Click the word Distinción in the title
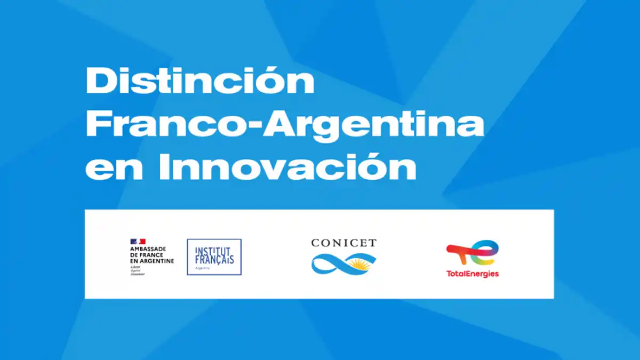tap(200, 81)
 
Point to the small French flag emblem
tap(138, 242)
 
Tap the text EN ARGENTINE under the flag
tap(152, 261)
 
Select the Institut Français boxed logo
tap(214, 257)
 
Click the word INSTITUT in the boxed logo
tap(214, 251)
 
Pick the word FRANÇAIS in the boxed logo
tap(214, 260)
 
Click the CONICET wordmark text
tap(343, 243)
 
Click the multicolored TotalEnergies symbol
tap(473, 254)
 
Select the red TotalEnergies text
tap(473, 274)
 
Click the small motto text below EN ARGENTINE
tap(138, 270)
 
